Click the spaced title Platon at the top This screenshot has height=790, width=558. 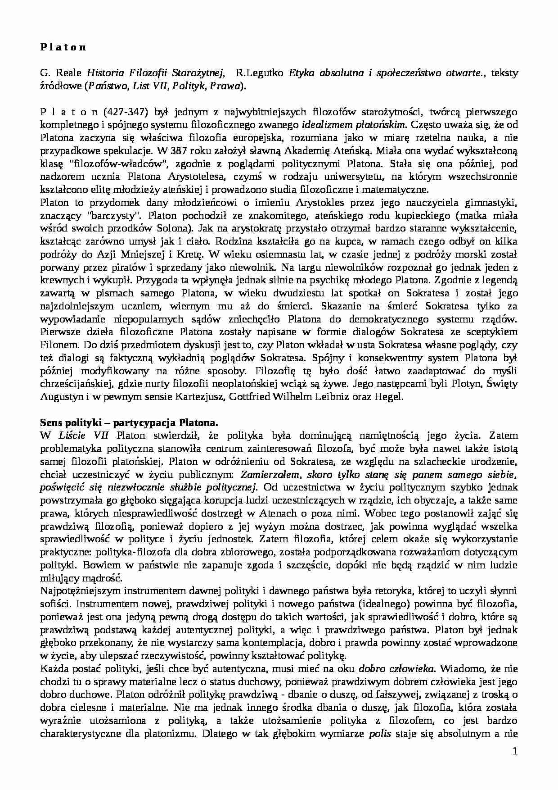pos(63,47)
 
